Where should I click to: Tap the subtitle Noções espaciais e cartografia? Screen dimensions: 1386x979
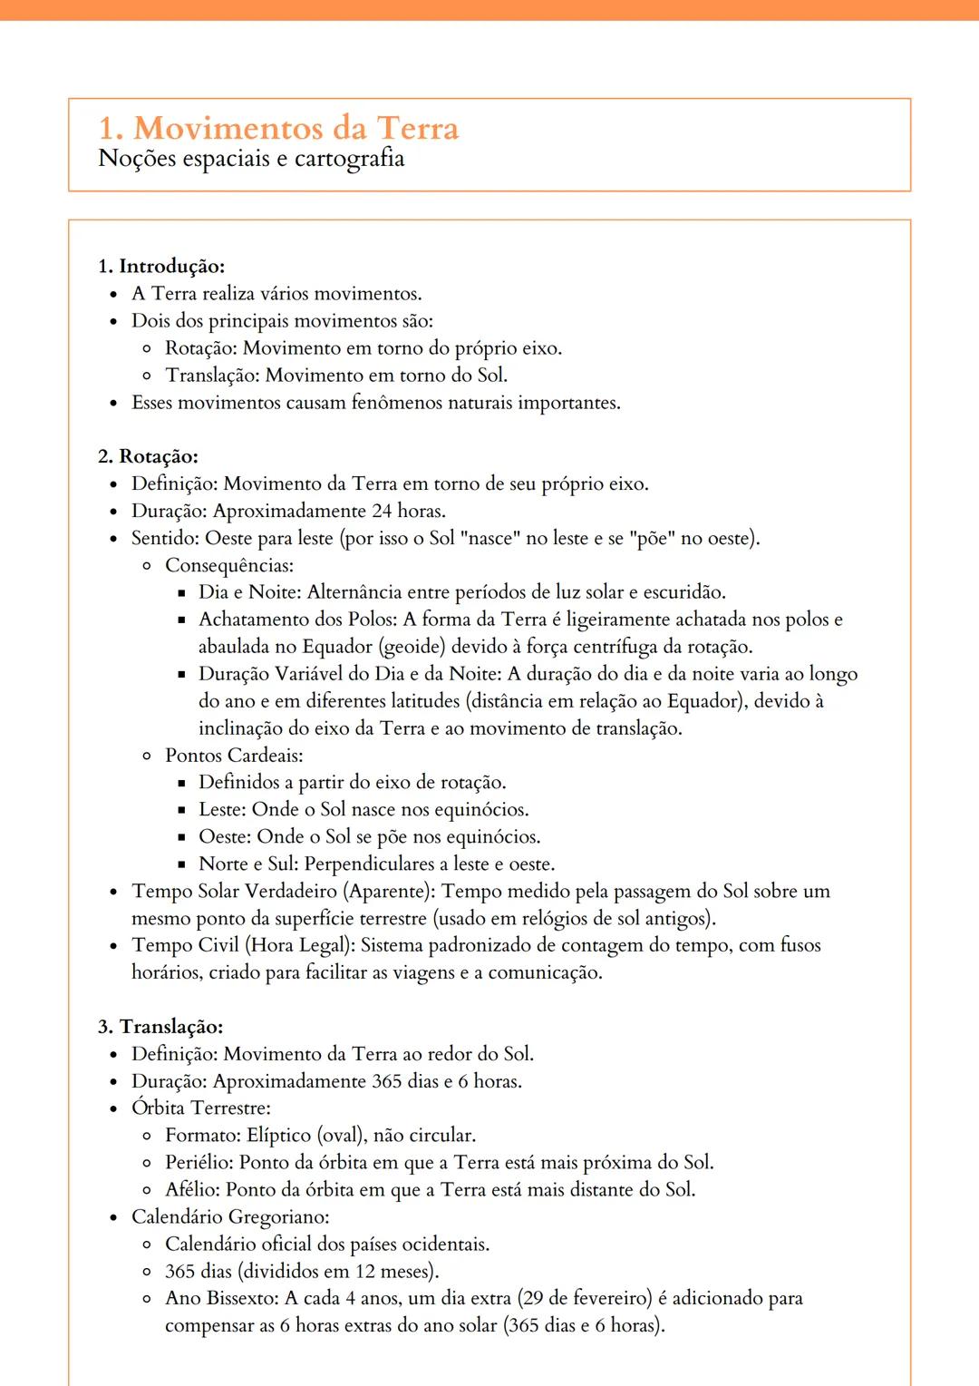click(251, 159)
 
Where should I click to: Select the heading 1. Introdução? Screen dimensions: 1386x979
click(161, 266)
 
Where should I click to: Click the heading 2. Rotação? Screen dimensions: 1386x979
click(148, 456)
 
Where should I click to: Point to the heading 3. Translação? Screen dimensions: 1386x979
click(160, 1027)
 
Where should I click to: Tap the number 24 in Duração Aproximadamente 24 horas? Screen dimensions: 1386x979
click(383, 511)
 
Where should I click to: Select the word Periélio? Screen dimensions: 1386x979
click(199, 1163)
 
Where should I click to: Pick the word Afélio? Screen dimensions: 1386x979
click(191, 1190)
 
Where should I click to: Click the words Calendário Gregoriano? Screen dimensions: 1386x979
click(229, 1217)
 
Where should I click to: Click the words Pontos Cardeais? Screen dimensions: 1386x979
click(233, 756)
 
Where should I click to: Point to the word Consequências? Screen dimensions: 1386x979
click(228, 565)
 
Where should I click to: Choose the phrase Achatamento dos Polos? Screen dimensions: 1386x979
click(296, 620)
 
